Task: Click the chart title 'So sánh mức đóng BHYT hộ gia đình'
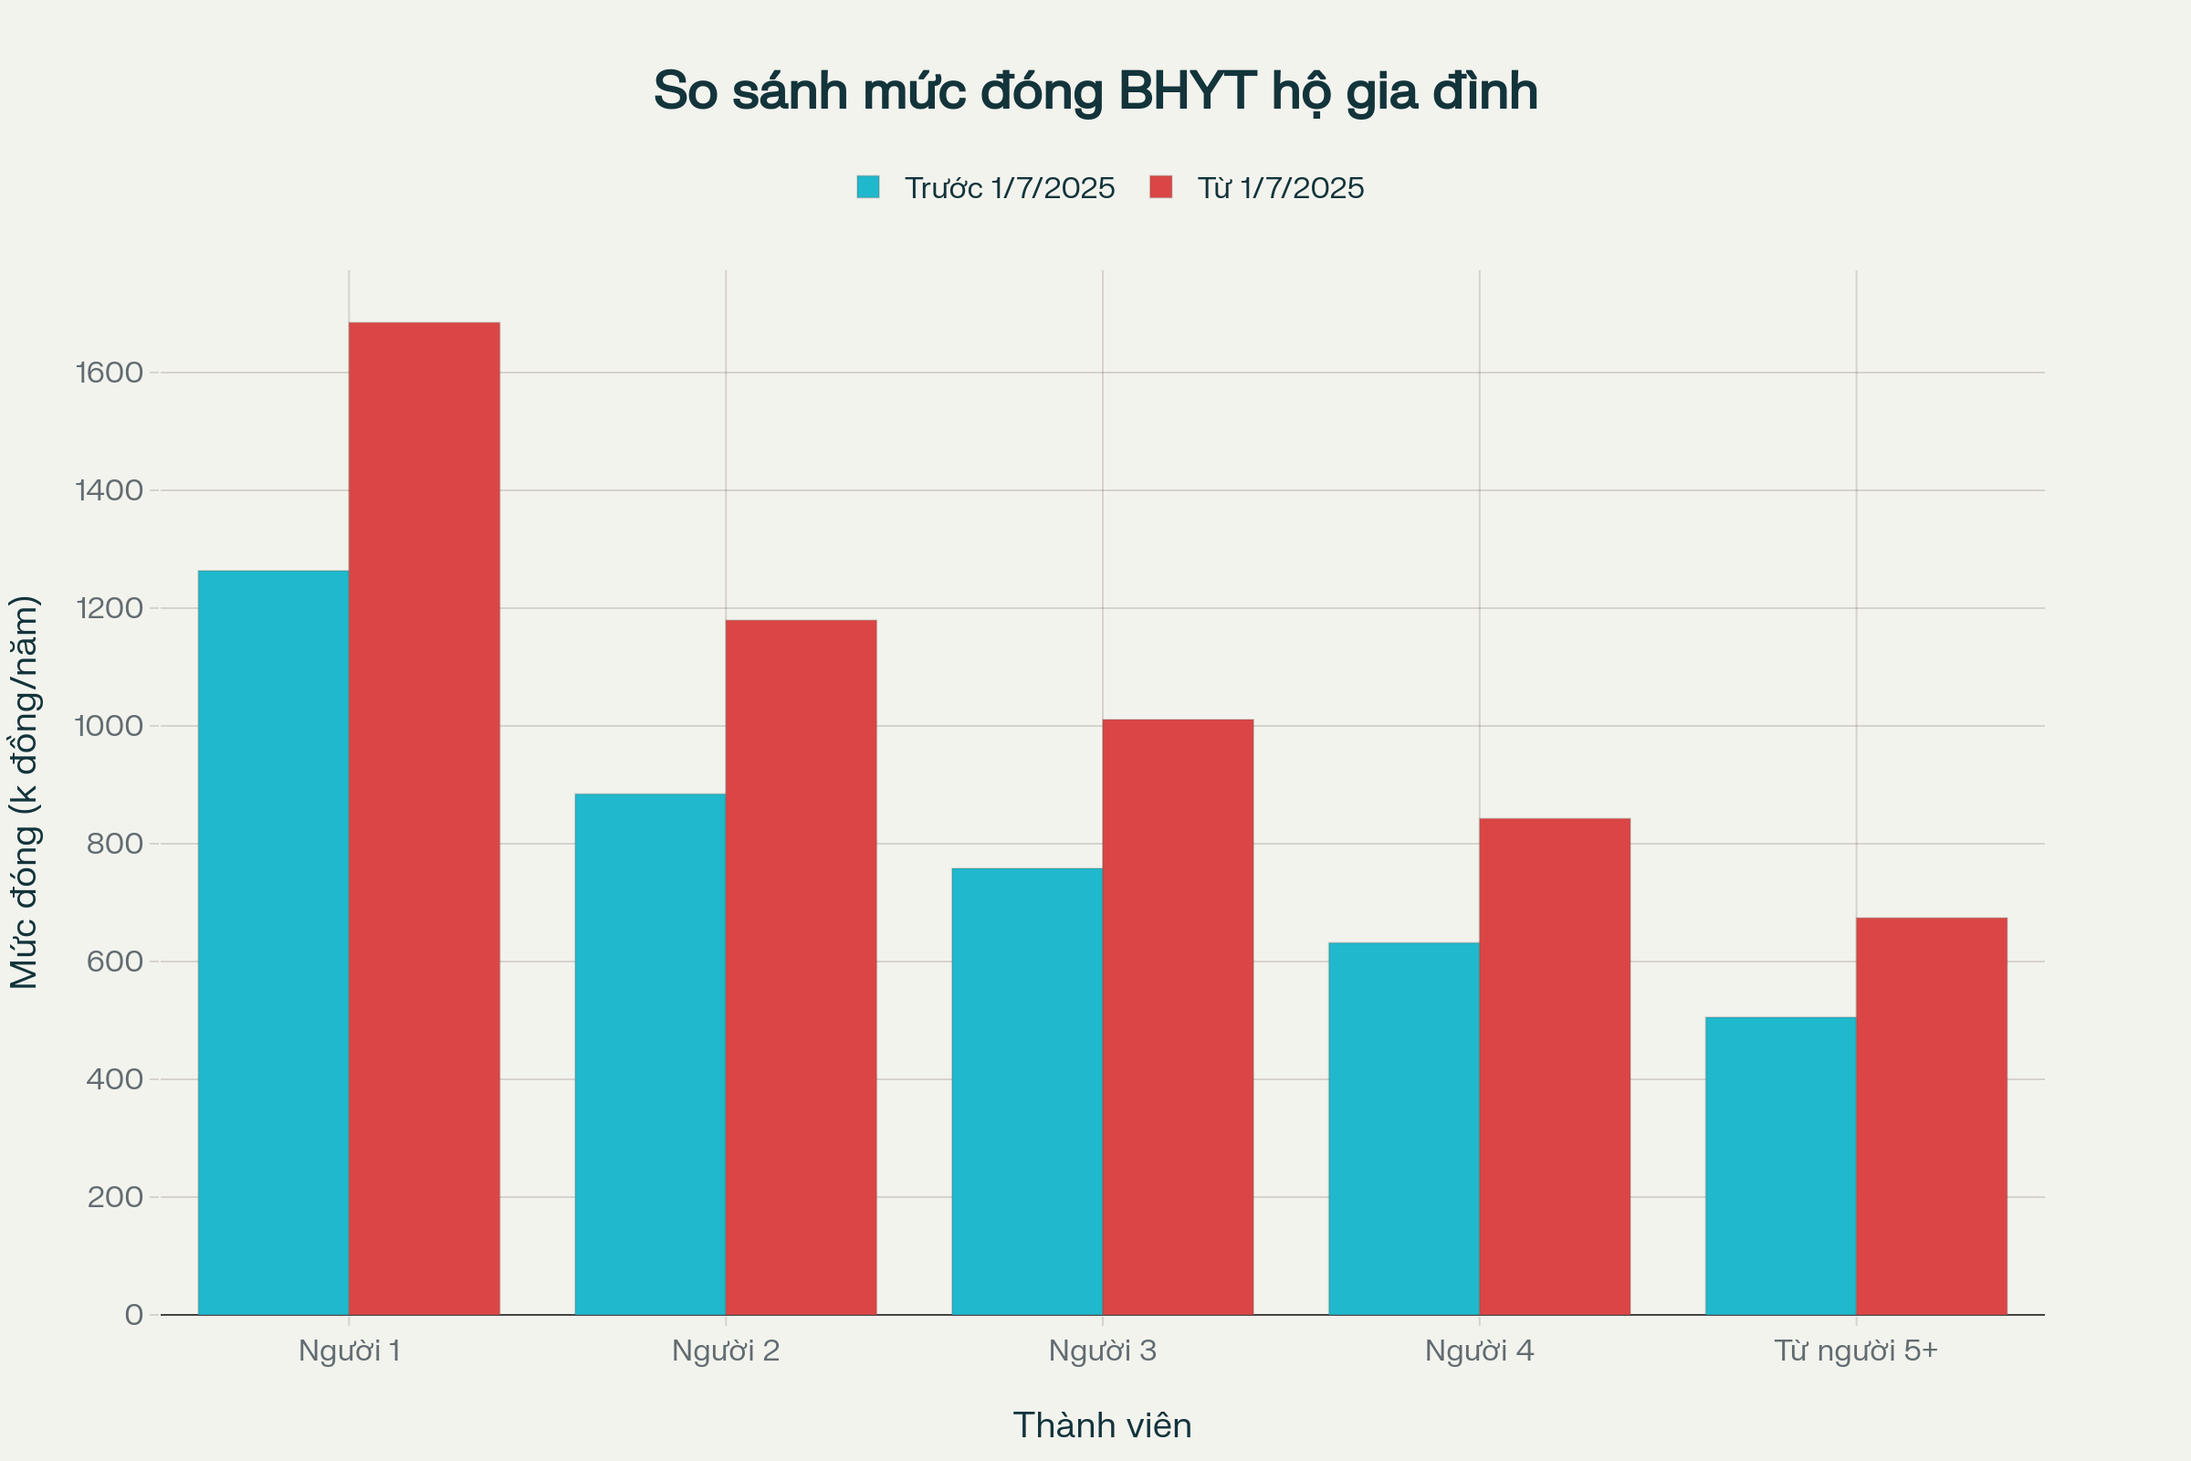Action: (1095, 91)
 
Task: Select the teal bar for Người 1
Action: (273, 941)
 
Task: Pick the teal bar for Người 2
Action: (650, 1053)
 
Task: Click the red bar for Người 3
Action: (1178, 1015)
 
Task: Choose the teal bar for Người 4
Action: (1403, 1128)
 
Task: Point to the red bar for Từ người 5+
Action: (1931, 1115)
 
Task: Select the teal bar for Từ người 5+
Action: (1780, 1165)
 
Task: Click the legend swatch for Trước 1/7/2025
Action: (867, 187)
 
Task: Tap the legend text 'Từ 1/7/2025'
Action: (1280, 188)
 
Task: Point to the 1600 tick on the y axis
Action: (109, 373)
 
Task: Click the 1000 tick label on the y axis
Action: (109, 726)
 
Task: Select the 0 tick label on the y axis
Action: (134, 1315)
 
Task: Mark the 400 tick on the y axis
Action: (115, 1079)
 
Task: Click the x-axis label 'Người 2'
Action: (726, 1351)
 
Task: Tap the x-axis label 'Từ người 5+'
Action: (1856, 1351)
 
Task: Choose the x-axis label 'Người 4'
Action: (1479, 1351)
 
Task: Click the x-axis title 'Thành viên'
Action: (1102, 1425)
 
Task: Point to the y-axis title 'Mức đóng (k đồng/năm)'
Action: (25, 792)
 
